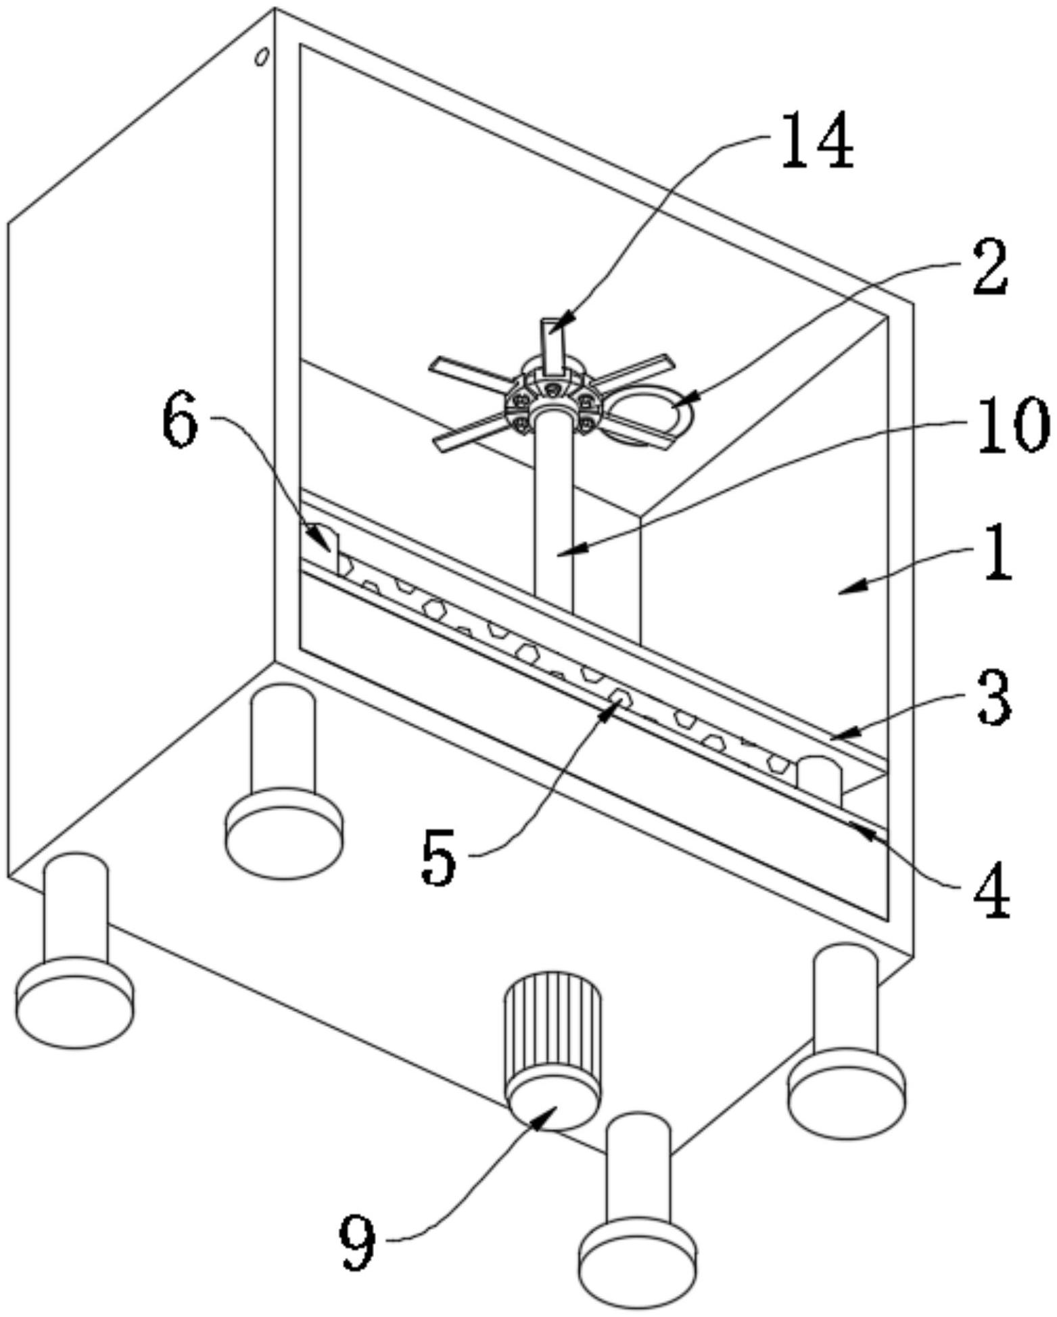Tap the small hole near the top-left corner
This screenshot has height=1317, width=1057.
click(x=261, y=57)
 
